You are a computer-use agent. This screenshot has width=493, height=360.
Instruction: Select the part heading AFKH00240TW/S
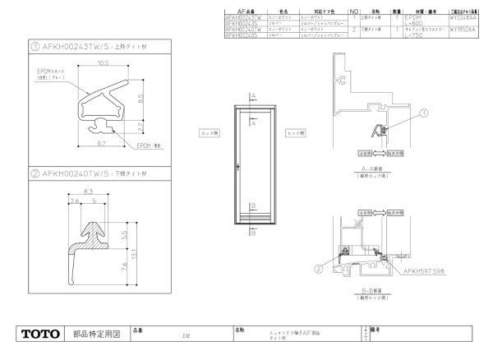[x=80, y=173]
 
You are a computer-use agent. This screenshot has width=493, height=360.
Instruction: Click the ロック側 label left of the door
[x=209, y=132]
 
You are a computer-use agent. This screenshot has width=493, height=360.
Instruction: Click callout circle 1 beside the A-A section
[x=424, y=113]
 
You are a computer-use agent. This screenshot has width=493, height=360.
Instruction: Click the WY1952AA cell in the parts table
[x=463, y=30]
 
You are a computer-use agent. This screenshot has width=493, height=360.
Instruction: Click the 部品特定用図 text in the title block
[x=98, y=334]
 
